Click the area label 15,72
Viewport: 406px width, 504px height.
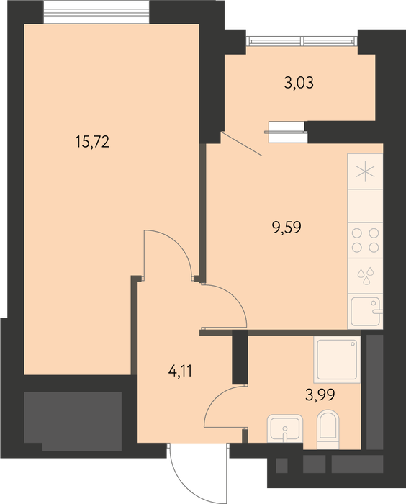93,142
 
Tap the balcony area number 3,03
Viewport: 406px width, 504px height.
299,83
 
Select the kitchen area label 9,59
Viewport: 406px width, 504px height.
287,228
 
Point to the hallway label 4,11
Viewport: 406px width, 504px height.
180,372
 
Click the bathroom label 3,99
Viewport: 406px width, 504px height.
320,395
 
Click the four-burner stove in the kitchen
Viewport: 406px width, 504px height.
365,240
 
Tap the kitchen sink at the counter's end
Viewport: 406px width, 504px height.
366,312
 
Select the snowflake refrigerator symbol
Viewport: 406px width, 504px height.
365,171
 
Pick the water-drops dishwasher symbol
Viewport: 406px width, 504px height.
366,276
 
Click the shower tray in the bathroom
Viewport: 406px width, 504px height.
337,360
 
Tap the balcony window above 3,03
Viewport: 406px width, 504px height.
302,41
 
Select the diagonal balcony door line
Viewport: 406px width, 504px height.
241,143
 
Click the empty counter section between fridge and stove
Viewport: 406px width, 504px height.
365,206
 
